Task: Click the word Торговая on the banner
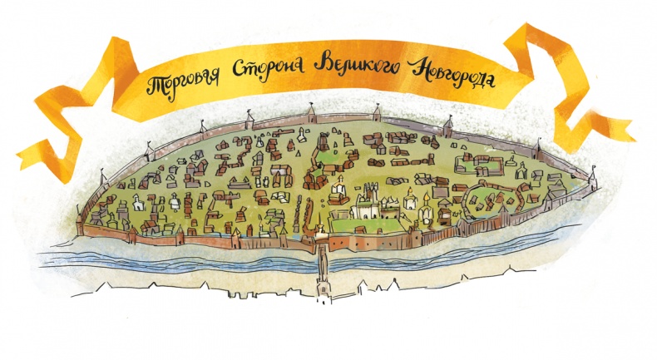tap(184, 81)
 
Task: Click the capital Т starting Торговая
tap(154, 85)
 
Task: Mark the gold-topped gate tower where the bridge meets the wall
tap(320, 230)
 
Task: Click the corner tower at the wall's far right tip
tap(594, 177)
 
